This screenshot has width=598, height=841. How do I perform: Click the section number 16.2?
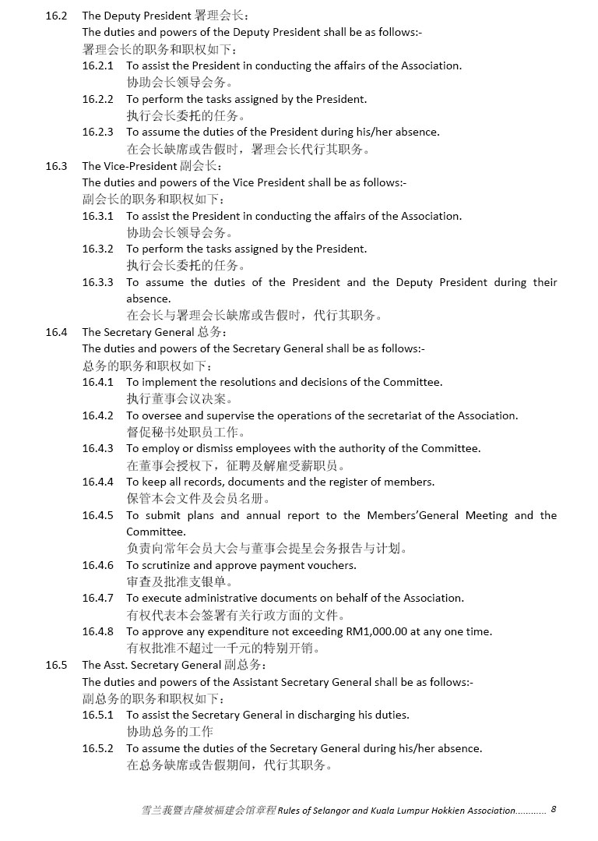[56, 16]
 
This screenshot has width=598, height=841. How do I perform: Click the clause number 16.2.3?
[97, 132]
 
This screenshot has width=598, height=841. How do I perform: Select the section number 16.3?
[56, 166]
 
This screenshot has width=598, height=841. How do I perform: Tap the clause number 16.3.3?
[97, 282]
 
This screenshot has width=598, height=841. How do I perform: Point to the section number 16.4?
[56, 332]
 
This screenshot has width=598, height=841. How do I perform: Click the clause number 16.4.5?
[97, 515]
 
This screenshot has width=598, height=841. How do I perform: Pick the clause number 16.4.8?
[97, 631]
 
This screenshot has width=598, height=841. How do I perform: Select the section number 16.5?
[56, 665]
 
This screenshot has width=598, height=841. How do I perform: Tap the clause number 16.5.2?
[97, 748]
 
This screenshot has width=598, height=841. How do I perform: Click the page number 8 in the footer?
[553, 809]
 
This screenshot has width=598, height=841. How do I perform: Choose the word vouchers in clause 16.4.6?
[332, 565]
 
